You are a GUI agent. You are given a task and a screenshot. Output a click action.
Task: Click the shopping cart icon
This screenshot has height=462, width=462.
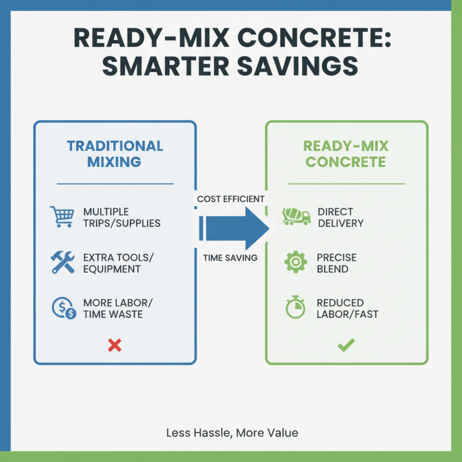62,217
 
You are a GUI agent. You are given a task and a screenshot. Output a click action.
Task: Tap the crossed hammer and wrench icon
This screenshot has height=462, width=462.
62,262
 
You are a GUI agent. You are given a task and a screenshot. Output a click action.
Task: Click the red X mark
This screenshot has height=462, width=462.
115,345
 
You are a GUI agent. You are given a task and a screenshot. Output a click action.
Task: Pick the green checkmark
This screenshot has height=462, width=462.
346,345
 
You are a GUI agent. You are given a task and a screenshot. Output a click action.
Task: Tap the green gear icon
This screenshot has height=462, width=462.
296,262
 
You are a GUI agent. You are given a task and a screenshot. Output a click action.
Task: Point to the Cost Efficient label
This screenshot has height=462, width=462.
230,199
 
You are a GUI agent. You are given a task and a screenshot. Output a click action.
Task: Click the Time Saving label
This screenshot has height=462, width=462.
230,258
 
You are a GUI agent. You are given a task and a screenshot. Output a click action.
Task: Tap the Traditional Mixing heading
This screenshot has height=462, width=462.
115,154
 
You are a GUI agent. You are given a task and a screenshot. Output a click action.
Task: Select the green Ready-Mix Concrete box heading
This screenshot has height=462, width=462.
346,154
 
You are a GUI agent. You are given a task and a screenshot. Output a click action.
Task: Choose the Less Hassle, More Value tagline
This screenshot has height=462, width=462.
232,433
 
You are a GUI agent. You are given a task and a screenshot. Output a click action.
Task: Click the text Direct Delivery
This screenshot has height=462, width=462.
341,217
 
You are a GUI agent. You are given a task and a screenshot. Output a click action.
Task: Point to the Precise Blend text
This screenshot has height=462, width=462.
337,263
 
